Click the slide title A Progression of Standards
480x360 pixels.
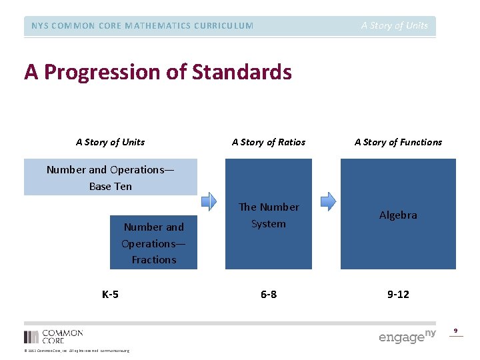coord(158,72)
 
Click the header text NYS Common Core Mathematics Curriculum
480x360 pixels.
coord(142,26)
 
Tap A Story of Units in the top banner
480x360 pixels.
coord(394,26)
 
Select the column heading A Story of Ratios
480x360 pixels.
coord(268,142)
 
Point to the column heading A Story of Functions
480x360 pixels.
coord(398,142)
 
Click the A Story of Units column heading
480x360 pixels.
coord(110,142)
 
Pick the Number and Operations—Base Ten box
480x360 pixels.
coord(111,177)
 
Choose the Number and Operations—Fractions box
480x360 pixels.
coord(154,243)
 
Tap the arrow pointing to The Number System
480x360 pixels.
coord(209,201)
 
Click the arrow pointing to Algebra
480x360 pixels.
coord(328,201)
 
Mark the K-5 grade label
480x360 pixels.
coord(110,294)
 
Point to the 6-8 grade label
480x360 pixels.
coord(268,294)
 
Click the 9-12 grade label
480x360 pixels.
coord(398,294)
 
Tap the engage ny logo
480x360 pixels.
coord(407,336)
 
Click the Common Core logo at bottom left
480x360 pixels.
coord(53,336)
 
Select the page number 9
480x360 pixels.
coord(456,331)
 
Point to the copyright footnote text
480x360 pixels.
coord(77,351)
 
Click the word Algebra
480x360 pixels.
coord(398,215)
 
